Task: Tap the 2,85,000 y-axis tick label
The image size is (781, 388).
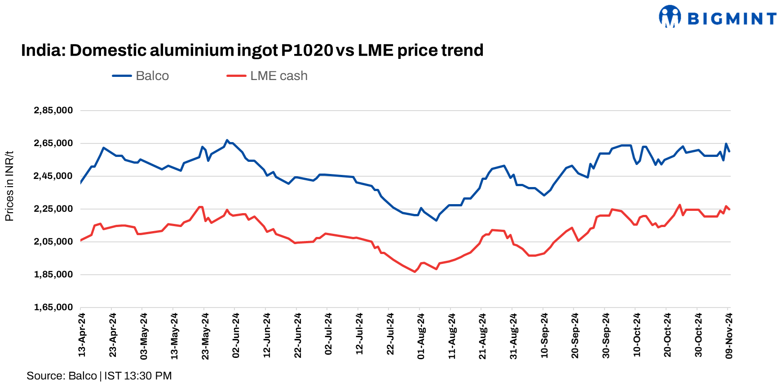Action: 53,111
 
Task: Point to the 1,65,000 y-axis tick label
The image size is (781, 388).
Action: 53,308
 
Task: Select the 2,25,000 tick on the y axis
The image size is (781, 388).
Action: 53,209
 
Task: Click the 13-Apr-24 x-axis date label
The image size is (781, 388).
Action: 82,335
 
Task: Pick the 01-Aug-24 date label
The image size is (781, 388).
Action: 421,336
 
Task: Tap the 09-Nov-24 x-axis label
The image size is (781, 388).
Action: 729,336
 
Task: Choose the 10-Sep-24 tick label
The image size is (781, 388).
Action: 544,336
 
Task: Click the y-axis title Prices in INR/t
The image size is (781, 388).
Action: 9,186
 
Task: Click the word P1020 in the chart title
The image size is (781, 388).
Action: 307,50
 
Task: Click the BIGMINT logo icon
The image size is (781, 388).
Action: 670,17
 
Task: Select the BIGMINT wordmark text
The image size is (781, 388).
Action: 732,19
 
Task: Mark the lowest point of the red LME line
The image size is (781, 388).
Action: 415,272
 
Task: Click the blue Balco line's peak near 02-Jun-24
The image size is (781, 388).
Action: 227,140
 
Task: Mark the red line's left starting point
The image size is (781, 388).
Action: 80,241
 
